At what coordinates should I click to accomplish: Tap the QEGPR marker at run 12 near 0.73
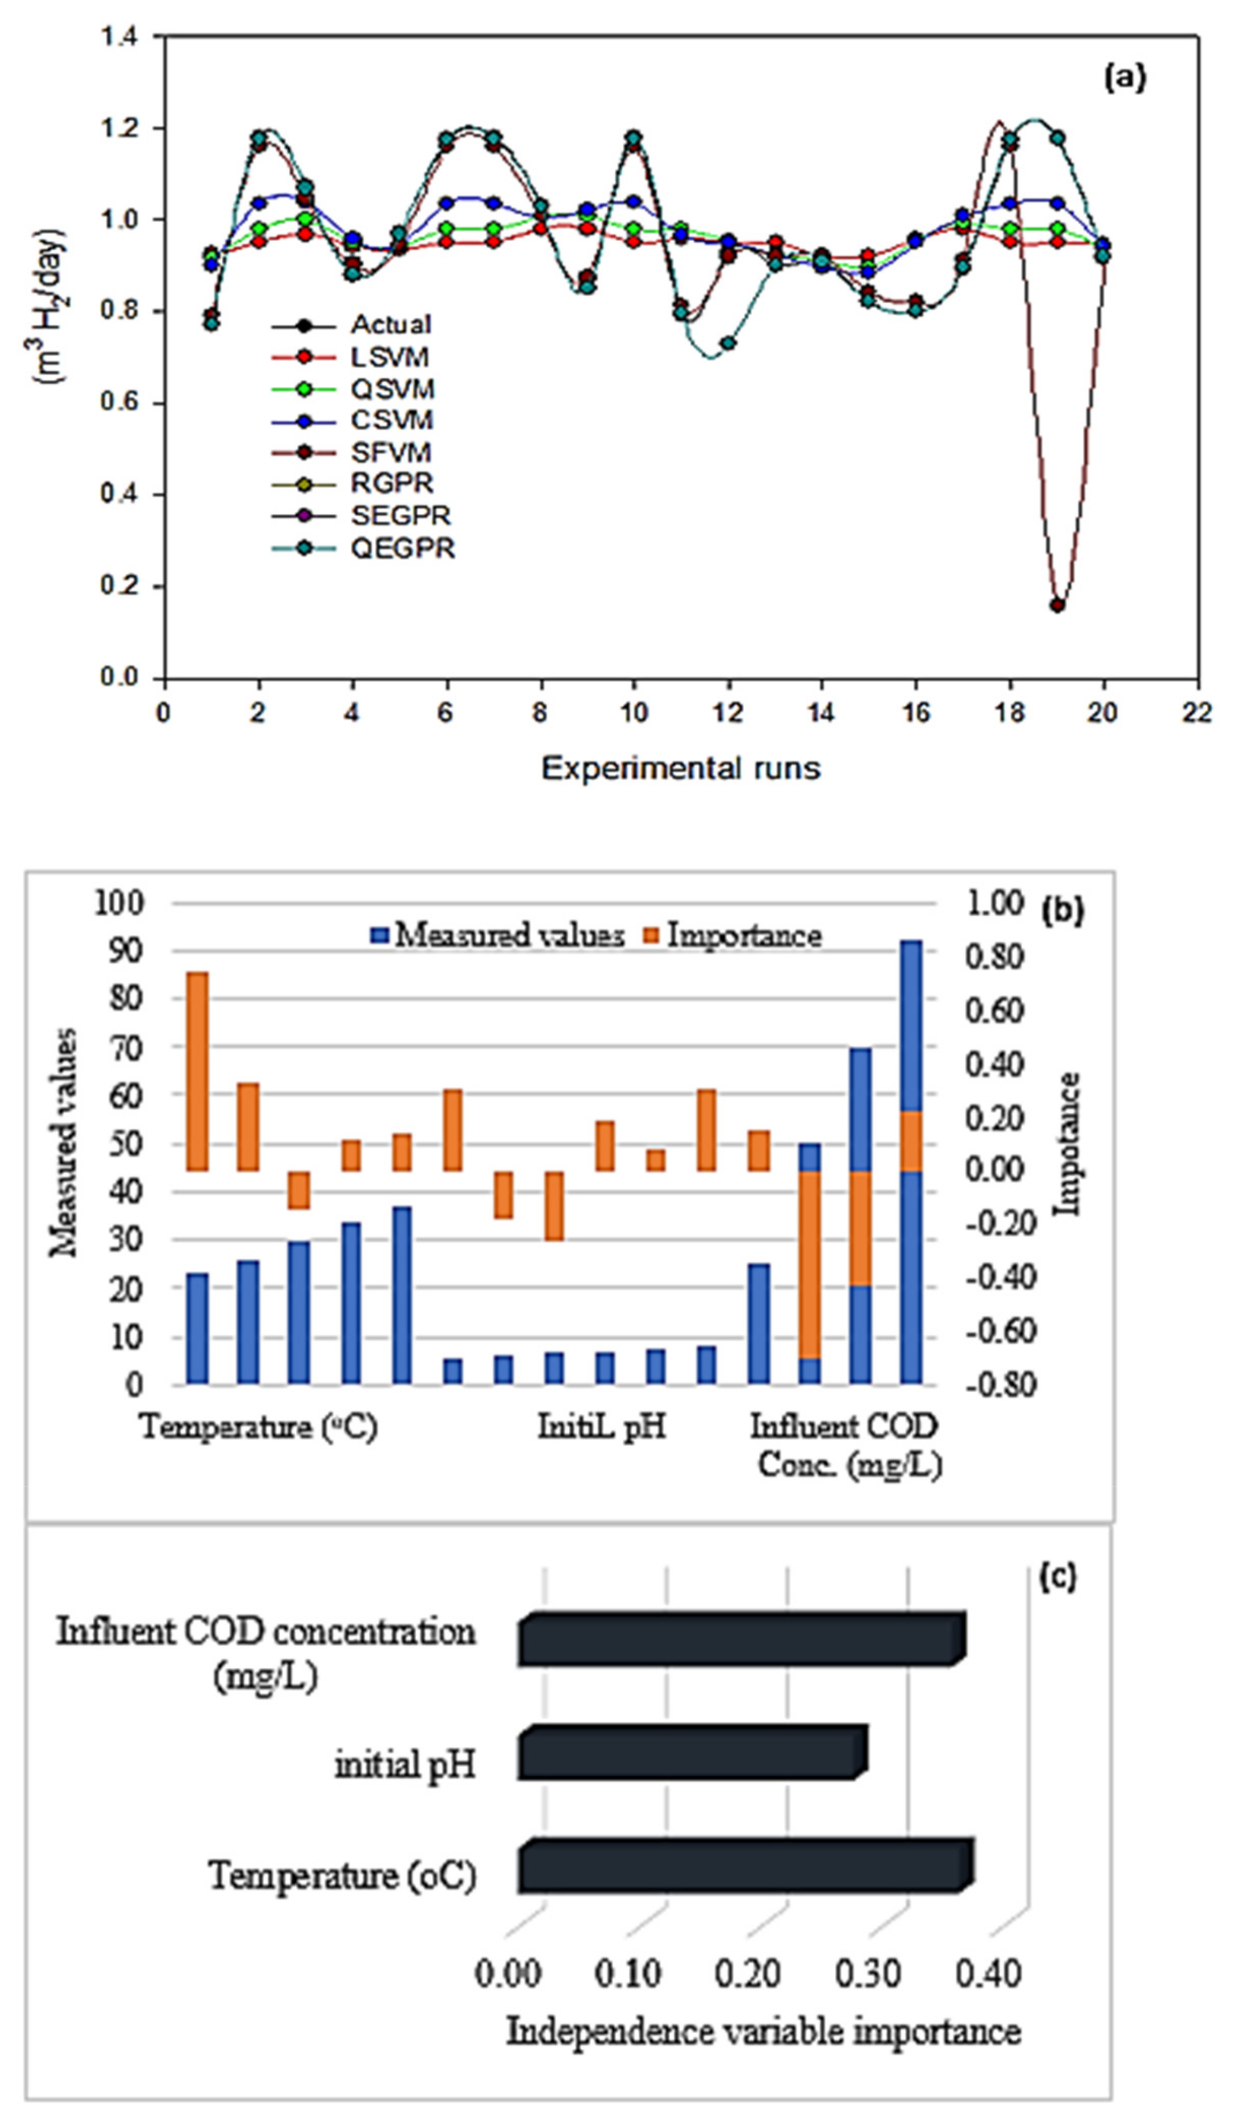[x=728, y=343]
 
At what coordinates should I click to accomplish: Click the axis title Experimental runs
[x=680, y=768]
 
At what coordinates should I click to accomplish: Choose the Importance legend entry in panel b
[x=743, y=936]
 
